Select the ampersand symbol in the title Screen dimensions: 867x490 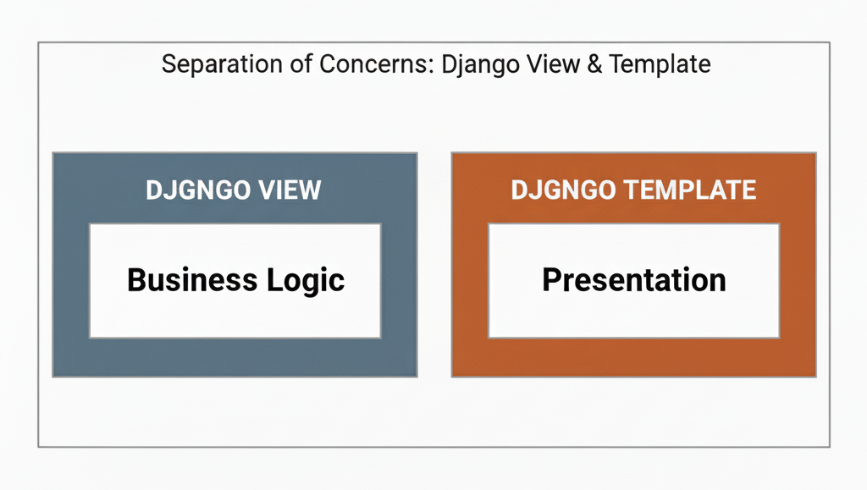coord(594,64)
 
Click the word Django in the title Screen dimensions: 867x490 coord(480,65)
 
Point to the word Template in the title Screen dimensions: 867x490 coord(660,64)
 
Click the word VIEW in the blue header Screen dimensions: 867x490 coord(290,190)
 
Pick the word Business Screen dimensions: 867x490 coord(192,279)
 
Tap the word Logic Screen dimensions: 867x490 coord(306,281)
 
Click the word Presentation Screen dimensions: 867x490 coord(633,279)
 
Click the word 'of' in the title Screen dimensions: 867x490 coord(301,64)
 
